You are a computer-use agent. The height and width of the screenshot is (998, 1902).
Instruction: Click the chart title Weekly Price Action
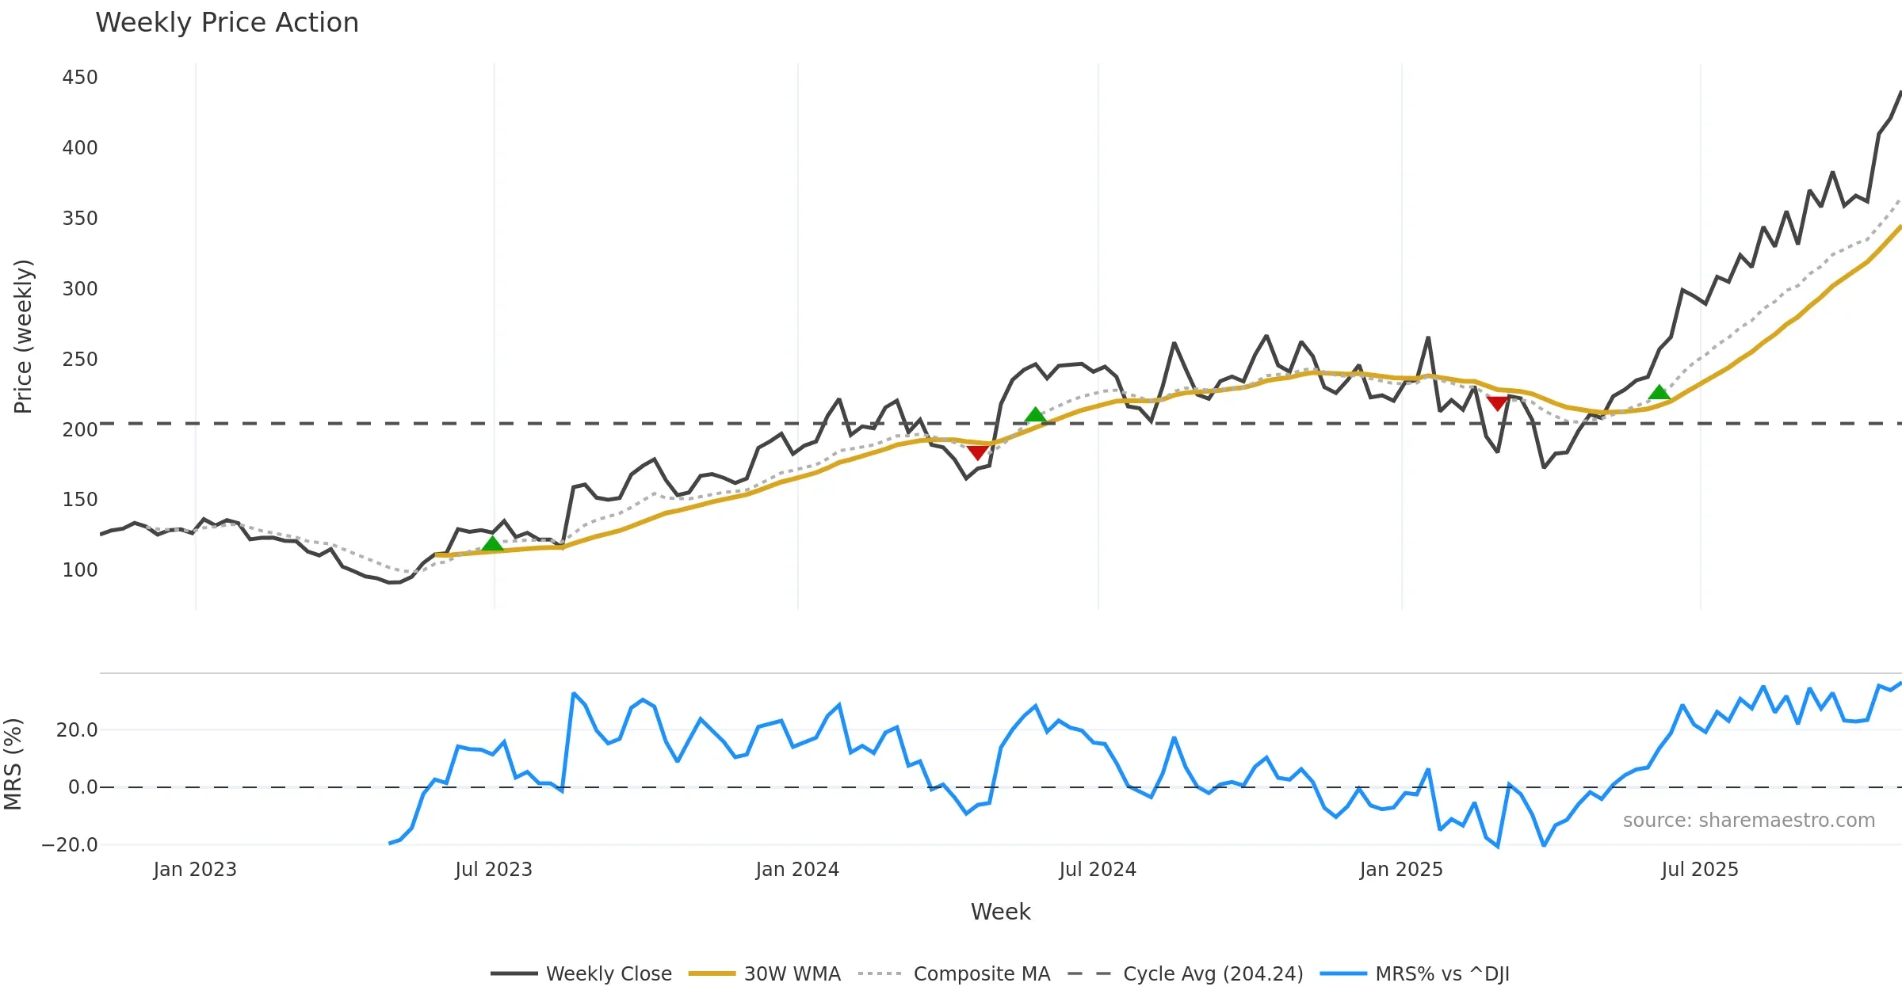[227, 23]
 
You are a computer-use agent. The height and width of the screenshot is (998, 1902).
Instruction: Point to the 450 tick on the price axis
[80, 78]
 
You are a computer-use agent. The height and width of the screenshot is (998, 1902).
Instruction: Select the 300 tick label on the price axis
[80, 289]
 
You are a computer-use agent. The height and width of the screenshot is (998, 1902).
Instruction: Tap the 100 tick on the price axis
[80, 570]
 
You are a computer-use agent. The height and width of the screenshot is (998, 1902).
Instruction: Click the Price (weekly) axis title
[24, 337]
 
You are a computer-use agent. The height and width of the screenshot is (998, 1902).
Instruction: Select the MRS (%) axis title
[13, 764]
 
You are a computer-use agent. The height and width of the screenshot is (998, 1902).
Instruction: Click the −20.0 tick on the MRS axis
[70, 845]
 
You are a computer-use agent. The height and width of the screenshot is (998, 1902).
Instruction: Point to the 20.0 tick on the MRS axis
[77, 730]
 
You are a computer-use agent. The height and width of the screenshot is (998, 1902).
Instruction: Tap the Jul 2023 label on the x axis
[494, 870]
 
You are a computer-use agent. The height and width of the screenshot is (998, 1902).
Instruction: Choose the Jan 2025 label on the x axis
[1401, 870]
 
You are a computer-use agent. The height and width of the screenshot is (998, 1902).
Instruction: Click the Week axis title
[1000, 912]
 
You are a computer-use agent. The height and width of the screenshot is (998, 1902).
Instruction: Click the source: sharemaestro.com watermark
[1748, 821]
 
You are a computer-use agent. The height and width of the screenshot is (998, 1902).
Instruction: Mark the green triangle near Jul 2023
[492, 543]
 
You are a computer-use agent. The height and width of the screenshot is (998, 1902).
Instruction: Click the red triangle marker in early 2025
[1497, 403]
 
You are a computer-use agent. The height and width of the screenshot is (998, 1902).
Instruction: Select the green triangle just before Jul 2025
[1659, 392]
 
